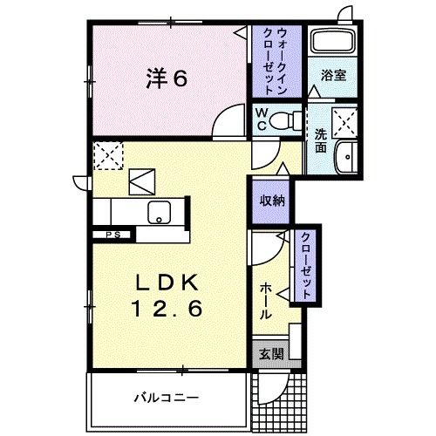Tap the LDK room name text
click(167, 283)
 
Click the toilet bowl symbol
click(283, 120)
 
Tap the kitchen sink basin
click(160, 212)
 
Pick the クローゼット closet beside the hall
click(307, 265)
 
